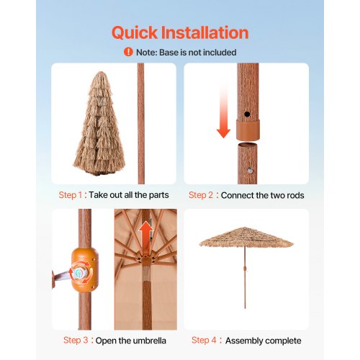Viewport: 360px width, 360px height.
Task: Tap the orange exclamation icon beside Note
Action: (x=128, y=52)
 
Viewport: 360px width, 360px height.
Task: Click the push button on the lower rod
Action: (x=249, y=171)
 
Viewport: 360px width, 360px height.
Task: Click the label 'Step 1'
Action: (x=73, y=195)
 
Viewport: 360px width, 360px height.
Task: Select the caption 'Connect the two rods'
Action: (x=263, y=195)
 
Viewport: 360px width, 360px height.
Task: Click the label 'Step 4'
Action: (x=205, y=341)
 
